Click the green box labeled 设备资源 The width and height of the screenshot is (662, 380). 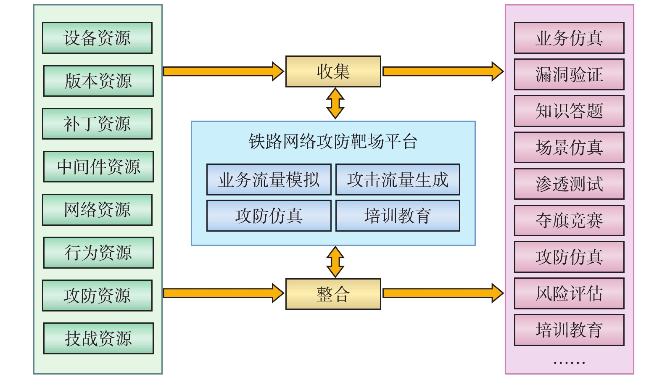97,38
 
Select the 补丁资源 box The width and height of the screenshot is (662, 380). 97,124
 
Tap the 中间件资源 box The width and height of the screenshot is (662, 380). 98,167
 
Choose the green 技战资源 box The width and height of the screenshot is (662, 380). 98,338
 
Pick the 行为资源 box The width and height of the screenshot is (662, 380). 98,253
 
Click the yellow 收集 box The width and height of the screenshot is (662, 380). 333,71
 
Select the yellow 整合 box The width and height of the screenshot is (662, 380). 333,294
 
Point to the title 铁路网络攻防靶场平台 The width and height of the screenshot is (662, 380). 333,142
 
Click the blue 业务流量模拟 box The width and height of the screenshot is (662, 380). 269,179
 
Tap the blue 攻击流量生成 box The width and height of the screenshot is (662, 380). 398,179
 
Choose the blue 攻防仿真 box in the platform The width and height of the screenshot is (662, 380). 269,216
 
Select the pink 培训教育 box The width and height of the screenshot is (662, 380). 569,330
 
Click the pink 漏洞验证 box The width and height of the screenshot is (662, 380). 569,74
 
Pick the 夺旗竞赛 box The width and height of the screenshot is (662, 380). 569,220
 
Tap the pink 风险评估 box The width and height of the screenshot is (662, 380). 569,293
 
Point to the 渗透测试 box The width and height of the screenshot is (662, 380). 569,184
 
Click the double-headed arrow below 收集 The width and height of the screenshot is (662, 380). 335,103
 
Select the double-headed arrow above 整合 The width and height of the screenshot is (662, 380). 335,262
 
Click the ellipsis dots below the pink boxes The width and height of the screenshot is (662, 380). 569,362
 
